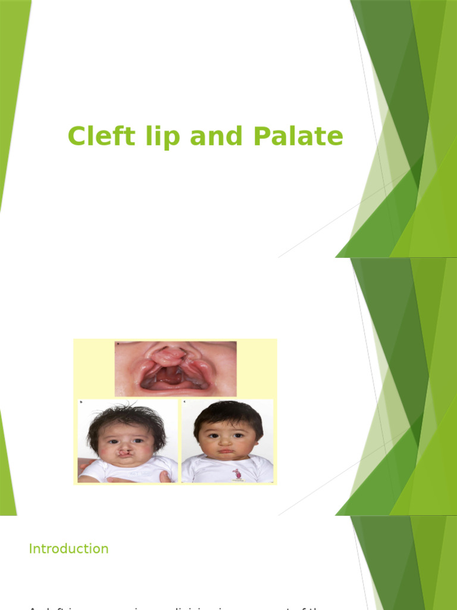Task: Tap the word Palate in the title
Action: pyautogui.click(x=298, y=136)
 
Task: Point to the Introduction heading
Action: pyautogui.click(x=68, y=549)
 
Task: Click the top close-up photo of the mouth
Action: pyautogui.click(x=176, y=369)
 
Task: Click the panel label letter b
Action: pyautogui.click(x=81, y=403)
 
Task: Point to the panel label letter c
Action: pyautogui.click(x=184, y=402)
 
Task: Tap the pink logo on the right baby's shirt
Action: pyautogui.click(x=236, y=474)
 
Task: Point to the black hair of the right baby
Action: pyautogui.click(x=228, y=411)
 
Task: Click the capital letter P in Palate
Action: pyautogui.click(x=260, y=136)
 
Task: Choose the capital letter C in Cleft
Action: pyautogui.click(x=76, y=136)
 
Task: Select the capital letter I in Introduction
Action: pyautogui.click(x=30, y=549)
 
